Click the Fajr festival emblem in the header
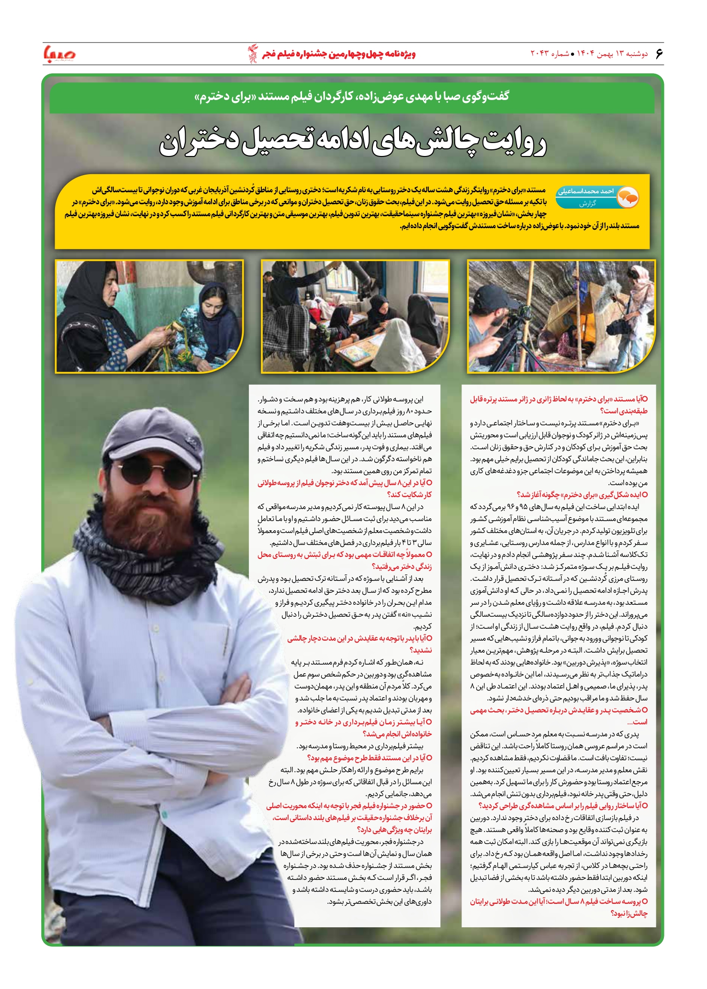click(x=252, y=54)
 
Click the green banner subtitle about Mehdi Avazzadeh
click(x=352, y=97)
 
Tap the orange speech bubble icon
click(x=628, y=197)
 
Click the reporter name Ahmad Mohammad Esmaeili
click(x=586, y=191)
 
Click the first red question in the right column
click(x=559, y=405)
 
